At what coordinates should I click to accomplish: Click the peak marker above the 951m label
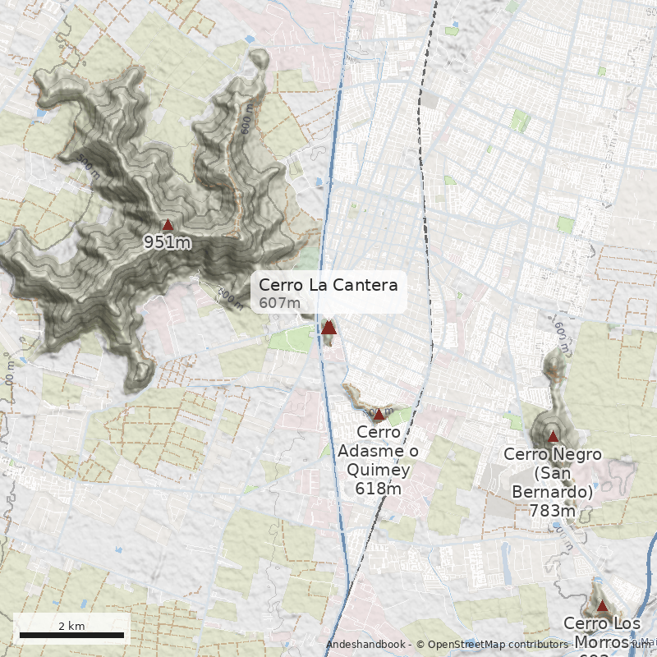[x=168, y=224]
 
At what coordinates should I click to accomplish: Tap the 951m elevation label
[x=168, y=242]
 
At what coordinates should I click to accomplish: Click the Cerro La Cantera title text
[x=328, y=285]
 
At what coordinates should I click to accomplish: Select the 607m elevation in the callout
[x=279, y=303]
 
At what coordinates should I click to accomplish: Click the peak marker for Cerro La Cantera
[x=328, y=328]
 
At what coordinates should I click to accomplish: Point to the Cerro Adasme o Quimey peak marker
[x=379, y=416]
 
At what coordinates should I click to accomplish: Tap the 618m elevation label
[x=378, y=489]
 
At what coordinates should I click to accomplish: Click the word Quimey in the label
[x=378, y=470]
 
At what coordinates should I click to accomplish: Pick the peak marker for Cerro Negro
[x=553, y=437]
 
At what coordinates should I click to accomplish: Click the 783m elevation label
[x=552, y=511]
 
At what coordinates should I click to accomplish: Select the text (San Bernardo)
[x=552, y=482]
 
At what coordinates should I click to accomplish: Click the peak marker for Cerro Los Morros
[x=602, y=606]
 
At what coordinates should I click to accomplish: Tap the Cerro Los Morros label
[x=602, y=632]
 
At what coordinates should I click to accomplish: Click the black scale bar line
[x=71, y=635]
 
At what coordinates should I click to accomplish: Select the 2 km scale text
[x=71, y=626]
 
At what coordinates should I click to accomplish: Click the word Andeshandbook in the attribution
[x=365, y=646]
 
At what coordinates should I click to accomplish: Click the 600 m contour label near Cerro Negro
[x=561, y=329]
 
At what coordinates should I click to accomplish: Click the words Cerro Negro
[x=553, y=454]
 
